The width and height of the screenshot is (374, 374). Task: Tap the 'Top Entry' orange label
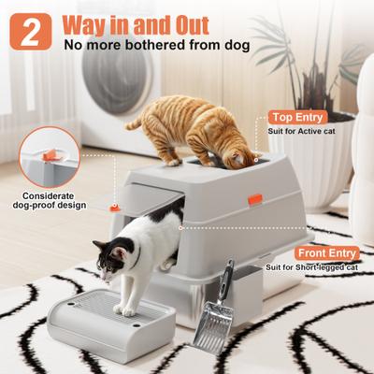point(297,117)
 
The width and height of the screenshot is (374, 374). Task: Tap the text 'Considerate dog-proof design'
point(49,202)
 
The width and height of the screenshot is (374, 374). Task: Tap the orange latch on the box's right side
point(253,198)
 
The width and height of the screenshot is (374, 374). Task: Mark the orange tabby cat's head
point(240,150)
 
